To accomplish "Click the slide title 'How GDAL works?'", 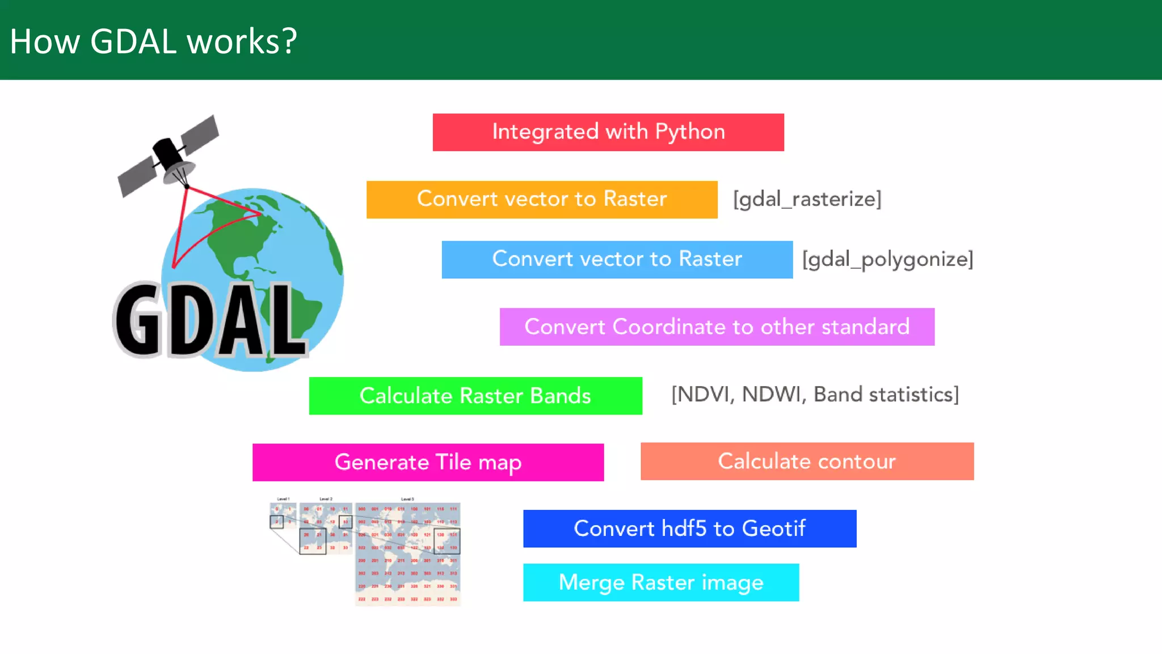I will (x=153, y=41).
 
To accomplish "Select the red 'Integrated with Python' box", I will (x=608, y=132).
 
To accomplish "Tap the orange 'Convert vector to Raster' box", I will (x=542, y=199).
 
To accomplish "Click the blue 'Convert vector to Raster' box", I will (x=617, y=259).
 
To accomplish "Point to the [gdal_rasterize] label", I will (x=807, y=199).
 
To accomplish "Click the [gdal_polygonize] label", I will (x=887, y=259).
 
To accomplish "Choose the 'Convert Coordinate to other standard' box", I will (x=717, y=327).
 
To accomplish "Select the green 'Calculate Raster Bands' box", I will (x=475, y=396).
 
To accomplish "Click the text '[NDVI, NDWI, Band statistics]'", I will (x=815, y=395).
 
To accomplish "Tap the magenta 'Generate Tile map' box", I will (x=428, y=462).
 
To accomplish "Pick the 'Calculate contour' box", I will (x=807, y=461).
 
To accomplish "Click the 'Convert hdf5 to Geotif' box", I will (x=689, y=529).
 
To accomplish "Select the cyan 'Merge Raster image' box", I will (x=661, y=582).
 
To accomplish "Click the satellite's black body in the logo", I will (x=167, y=153).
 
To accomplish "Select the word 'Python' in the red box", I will (x=690, y=132).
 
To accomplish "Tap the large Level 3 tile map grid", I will (x=407, y=554).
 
